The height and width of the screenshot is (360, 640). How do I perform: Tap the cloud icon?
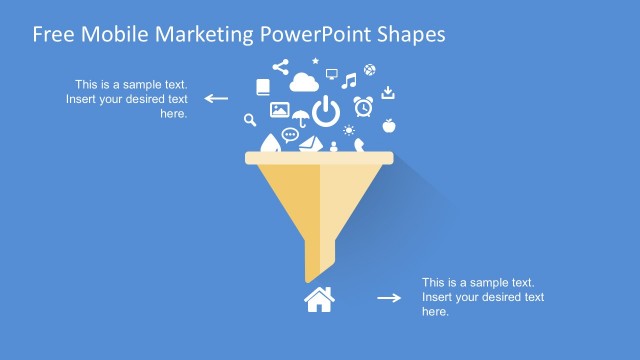pos(302,84)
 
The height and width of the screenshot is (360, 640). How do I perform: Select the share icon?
pos(280,68)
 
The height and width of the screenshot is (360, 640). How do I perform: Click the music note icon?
pos(349,80)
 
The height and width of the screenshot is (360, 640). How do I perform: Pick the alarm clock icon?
pos(363,105)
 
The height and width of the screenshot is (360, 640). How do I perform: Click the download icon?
pos(389,93)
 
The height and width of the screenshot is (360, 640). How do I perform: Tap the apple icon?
pos(389,126)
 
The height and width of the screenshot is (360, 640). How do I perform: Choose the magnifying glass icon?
pos(251,121)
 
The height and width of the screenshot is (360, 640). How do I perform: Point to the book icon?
pos(263,88)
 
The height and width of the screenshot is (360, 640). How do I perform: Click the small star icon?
pos(315,61)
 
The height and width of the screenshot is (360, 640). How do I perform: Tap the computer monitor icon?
pos(331,73)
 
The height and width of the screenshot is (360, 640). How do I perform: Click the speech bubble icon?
pos(290,135)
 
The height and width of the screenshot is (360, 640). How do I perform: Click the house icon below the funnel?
pos(319,299)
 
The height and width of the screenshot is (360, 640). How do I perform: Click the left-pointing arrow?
pos(217,98)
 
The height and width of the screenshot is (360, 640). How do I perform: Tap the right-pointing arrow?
pos(388,298)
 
